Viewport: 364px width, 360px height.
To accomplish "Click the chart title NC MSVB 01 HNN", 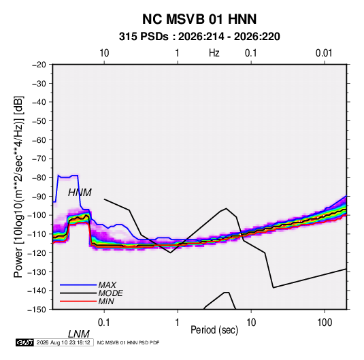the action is coord(199,19).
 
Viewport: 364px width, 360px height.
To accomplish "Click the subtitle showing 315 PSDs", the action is coord(199,37).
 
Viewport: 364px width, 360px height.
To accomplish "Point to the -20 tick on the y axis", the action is coord(39,65).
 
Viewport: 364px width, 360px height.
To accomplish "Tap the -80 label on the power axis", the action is coord(39,178).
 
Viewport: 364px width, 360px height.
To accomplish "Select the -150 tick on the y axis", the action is coord(37,310).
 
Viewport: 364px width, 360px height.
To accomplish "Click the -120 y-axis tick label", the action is coord(37,252).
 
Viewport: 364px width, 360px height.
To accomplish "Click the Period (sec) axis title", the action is coord(214,330).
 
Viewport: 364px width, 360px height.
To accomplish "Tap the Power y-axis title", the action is coord(18,186).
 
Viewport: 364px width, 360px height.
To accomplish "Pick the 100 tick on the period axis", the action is coord(325,323).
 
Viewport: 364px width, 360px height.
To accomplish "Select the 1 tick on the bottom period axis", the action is coord(178,323).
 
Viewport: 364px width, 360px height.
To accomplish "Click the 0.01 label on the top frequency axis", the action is coord(324,53).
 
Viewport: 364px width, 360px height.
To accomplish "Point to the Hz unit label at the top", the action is coord(214,53).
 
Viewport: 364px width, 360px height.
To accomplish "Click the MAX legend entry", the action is coord(107,284).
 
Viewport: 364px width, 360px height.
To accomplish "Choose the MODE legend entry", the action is coord(110,293).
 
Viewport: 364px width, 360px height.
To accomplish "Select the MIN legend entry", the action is coord(106,301).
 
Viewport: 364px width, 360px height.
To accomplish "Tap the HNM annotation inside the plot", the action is coord(80,193).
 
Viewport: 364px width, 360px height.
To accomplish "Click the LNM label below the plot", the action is coord(79,334).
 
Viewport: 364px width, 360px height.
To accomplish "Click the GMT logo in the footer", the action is coord(24,342).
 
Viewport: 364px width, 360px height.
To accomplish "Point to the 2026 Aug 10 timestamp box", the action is coord(63,342).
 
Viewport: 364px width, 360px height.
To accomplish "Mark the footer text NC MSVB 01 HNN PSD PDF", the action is coord(128,342).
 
